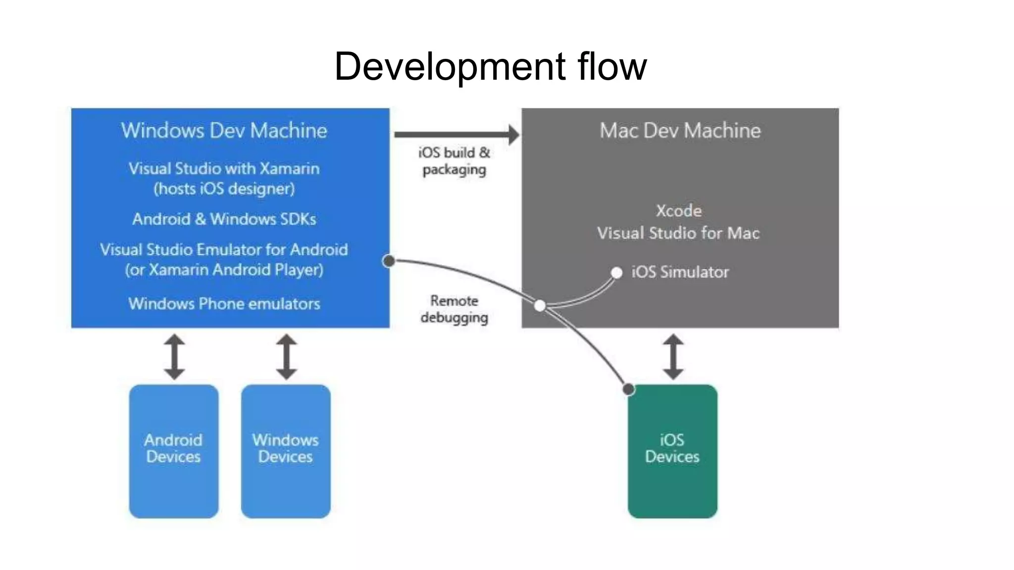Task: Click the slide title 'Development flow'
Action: tap(490, 66)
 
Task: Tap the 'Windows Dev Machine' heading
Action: tap(224, 131)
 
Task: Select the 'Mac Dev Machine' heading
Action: tap(680, 131)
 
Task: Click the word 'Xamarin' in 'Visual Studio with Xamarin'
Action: tap(290, 169)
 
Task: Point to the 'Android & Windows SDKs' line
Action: tap(224, 219)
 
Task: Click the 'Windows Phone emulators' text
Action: tap(224, 303)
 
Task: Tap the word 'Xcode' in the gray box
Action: tap(678, 211)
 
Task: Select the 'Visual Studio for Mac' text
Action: tap(678, 233)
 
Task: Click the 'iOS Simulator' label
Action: tap(680, 272)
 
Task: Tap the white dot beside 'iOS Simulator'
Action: tap(616, 273)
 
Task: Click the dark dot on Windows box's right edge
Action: tap(389, 261)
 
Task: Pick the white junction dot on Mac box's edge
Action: tap(540, 306)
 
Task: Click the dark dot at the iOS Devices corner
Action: tap(628, 389)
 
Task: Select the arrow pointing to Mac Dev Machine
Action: tap(456, 134)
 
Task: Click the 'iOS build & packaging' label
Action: tap(454, 161)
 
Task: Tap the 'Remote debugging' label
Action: tap(454, 309)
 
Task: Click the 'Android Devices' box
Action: tap(174, 451)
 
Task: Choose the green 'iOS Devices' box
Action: tap(672, 451)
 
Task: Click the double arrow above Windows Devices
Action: tap(286, 357)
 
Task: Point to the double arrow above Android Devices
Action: tap(174, 357)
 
